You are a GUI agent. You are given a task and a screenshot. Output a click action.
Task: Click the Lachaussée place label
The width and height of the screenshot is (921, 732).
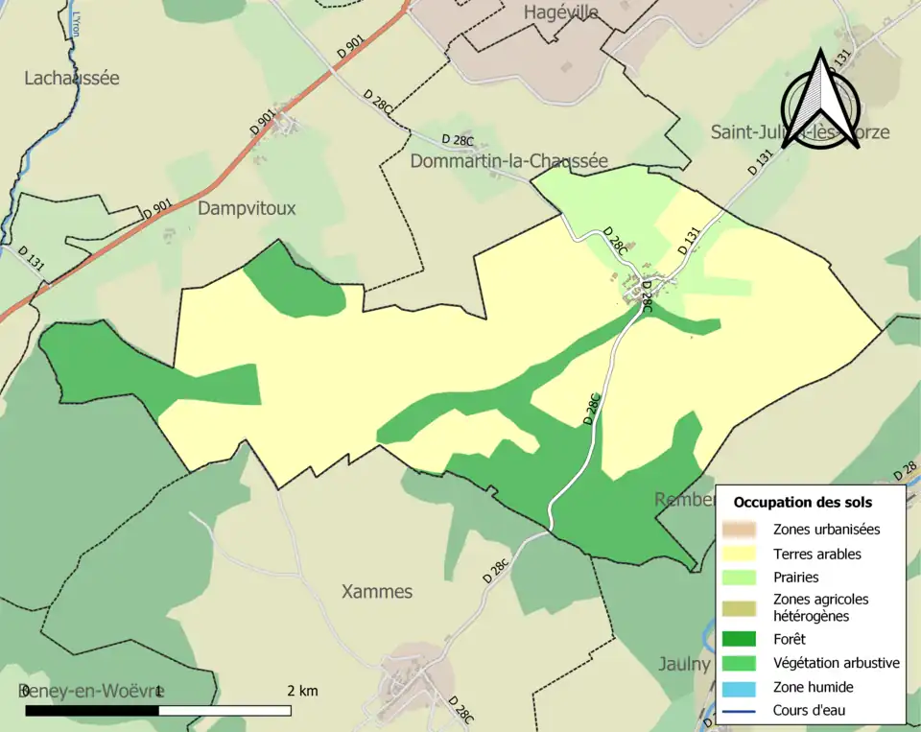click(72, 78)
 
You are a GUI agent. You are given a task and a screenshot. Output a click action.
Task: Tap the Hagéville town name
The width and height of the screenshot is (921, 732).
click(561, 12)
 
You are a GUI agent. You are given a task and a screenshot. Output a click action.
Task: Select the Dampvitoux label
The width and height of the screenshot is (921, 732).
click(247, 207)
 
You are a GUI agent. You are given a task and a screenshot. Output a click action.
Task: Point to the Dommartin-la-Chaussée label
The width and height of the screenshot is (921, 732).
click(508, 161)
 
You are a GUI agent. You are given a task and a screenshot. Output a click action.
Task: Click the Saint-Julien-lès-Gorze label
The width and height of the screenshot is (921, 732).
click(799, 132)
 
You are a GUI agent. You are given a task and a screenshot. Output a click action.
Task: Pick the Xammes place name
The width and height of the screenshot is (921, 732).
click(377, 592)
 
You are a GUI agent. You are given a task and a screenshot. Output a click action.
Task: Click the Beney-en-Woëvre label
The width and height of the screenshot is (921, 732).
click(85, 691)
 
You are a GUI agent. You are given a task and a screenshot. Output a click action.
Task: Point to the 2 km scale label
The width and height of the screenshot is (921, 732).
click(302, 691)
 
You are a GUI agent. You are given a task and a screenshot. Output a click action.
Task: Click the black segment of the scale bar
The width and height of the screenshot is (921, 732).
click(91, 711)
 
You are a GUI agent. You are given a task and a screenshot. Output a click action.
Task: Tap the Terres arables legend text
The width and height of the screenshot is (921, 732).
click(816, 554)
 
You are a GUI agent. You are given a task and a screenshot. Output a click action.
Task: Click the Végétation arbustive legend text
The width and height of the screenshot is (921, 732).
click(836, 662)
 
